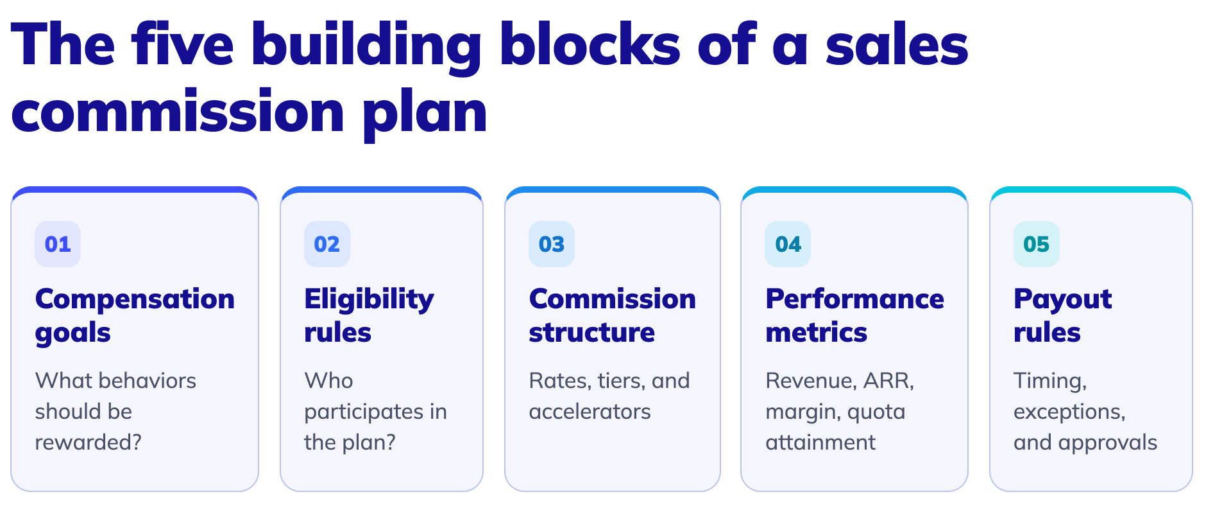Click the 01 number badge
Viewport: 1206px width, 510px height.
[58, 244]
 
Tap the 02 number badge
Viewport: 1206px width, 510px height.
[327, 244]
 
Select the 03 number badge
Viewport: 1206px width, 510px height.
[552, 244]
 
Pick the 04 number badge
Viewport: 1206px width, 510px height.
[788, 244]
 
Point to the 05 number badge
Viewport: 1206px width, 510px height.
[1037, 244]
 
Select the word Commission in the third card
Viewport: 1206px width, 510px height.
[612, 299]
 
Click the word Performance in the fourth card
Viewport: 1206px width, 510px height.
[854, 299]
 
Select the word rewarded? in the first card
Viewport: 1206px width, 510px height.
[88, 443]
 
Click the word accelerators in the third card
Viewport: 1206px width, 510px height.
[590, 412]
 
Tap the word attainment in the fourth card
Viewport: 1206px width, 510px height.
[820, 443]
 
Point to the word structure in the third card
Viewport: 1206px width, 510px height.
[591, 333]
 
